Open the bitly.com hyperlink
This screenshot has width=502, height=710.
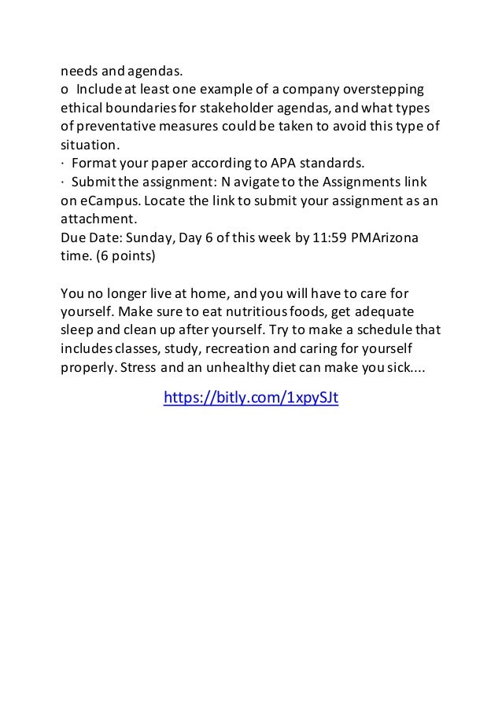click(250, 399)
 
